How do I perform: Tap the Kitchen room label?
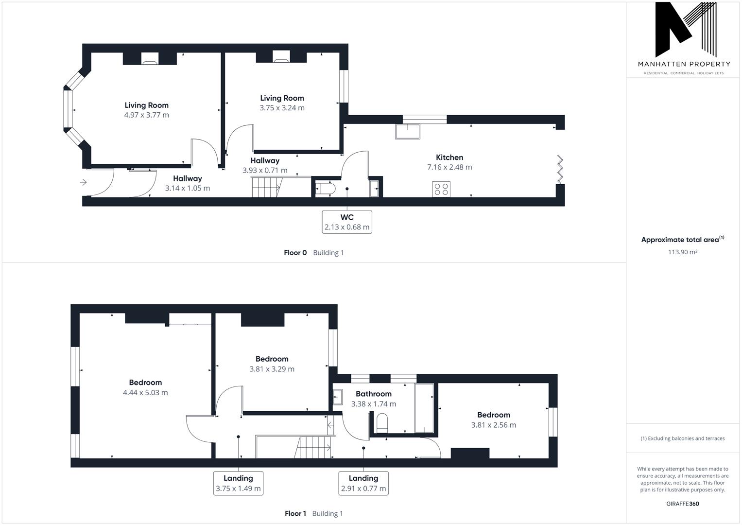click(449, 157)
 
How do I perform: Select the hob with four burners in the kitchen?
click(441, 189)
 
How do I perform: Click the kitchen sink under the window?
click(407, 132)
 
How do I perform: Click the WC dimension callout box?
click(347, 222)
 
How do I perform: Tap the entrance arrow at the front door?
click(83, 182)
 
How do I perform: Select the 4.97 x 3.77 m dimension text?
click(146, 115)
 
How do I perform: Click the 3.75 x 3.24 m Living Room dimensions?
click(282, 108)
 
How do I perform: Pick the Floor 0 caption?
click(295, 253)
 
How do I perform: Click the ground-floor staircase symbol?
click(266, 187)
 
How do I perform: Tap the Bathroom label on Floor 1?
click(373, 394)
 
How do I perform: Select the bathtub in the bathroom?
click(424, 408)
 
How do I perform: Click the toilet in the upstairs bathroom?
click(382, 422)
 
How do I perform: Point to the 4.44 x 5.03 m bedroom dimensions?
click(145, 393)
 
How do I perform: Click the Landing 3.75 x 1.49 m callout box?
click(238, 483)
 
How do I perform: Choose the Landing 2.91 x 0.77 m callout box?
click(363, 483)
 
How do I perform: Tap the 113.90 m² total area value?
click(683, 252)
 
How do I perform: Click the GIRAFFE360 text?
click(682, 504)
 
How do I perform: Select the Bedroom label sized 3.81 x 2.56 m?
click(494, 415)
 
